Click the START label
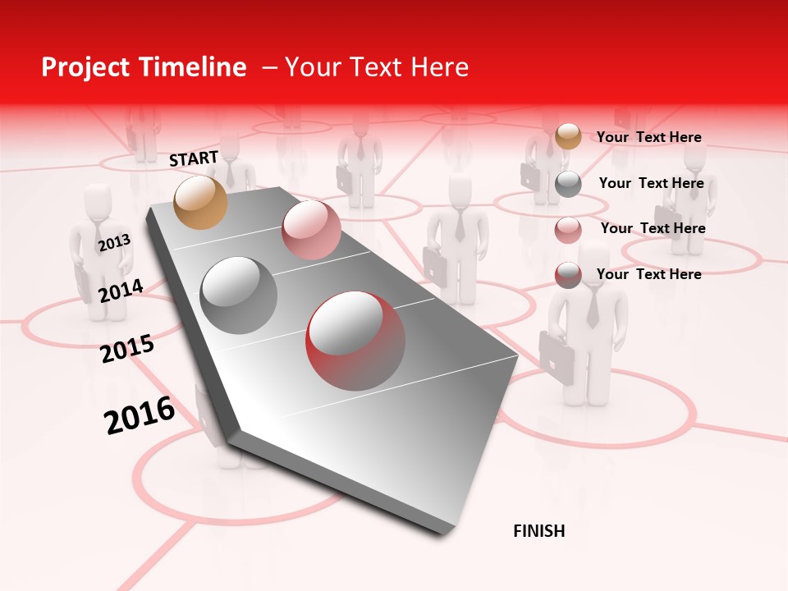pos(194,158)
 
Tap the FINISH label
pos(538,531)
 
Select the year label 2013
pos(114,242)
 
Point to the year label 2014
pos(121,291)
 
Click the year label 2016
pos(140,415)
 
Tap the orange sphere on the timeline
pos(200,202)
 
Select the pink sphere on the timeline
pos(311,230)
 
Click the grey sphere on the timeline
pos(239,295)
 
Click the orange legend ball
pos(568,136)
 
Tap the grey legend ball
pos(568,184)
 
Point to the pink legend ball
pos(568,230)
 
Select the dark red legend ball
pos(568,275)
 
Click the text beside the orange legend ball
pos(648,137)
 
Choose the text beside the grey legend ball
pos(651,183)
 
